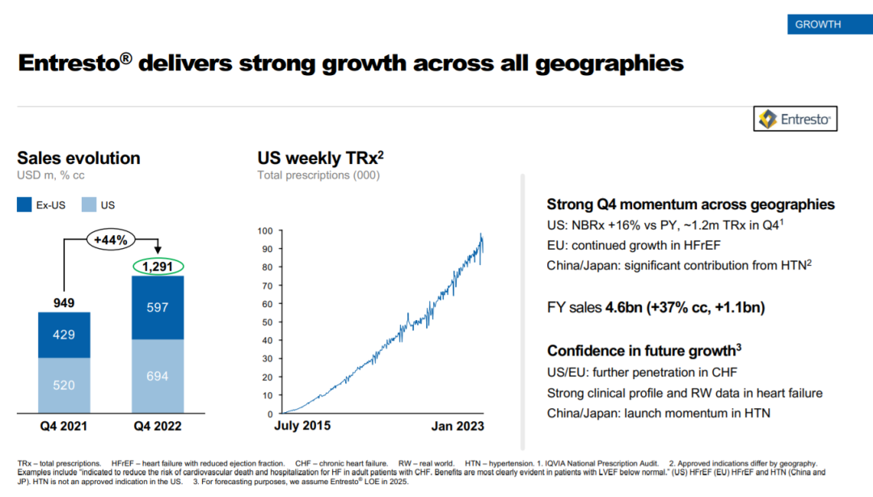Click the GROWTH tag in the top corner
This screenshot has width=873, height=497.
(x=817, y=24)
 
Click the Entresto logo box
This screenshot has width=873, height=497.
(x=795, y=120)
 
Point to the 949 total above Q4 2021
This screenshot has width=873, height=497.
(x=64, y=303)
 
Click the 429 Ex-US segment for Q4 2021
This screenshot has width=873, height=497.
(x=64, y=335)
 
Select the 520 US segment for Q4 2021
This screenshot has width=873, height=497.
(x=64, y=385)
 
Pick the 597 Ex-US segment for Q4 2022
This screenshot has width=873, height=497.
(x=158, y=307)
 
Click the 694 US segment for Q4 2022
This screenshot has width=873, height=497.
(x=158, y=376)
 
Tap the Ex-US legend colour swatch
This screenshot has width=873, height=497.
(x=25, y=205)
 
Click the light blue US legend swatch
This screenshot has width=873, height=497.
(x=89, y=205)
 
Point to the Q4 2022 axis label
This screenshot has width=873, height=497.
(x=158, y=426)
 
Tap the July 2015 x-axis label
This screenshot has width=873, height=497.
(x=302, y=425)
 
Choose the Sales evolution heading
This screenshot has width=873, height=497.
(x=78, y=158)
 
